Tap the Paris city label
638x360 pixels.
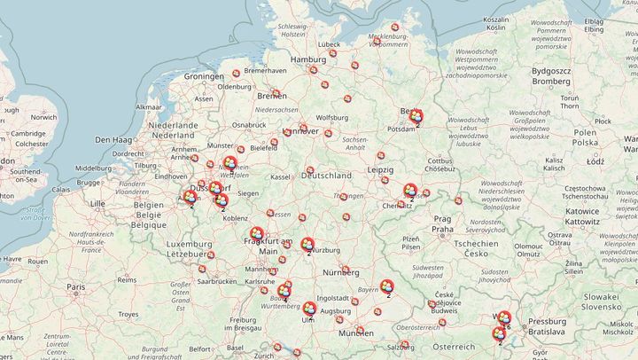pyautogui.click(x=77, y=287)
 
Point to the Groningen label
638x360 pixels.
pyautogui.click(x=204, y=77)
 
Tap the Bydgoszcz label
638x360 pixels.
pyautogui.click(x=551, y=69)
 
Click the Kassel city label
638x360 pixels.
pyautogui.click(x=282, y=177)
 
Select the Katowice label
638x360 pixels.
pyautogui.click(x=581, y=212)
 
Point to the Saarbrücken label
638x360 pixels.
pyautogui.click(x=218, y=281)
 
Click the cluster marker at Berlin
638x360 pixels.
pyautogui.click(x=413, y=116)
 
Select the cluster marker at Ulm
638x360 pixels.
pyautogui.click(x=309, y=309)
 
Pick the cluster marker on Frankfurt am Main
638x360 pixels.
pyautogui.click(x=257, y=236)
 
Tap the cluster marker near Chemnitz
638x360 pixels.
pyautogui.click(x=410, y=191)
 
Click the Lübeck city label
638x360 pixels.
pyautogui.click(x=330, y=43)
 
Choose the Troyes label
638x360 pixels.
pyautogui.click(x=129, y=314)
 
